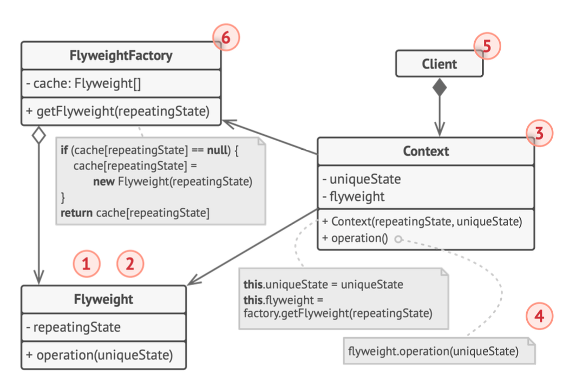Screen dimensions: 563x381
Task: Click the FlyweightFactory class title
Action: point(121,56)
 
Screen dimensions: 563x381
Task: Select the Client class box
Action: point(439,63)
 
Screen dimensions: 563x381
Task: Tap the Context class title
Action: point(426,151)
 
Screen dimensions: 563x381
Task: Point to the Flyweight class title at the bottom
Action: point(103,299)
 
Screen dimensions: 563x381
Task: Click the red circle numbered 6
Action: point(226,37)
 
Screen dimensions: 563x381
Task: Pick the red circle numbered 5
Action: point(487,46)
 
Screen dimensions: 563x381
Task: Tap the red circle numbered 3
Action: point(539,133)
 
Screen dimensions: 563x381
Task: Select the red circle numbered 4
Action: point(539,316)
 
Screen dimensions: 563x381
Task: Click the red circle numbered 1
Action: point(87,264)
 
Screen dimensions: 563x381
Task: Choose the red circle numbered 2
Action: point(130,264)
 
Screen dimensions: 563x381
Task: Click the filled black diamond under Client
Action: point(440,87)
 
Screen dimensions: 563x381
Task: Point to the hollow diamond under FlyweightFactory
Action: point(39,135)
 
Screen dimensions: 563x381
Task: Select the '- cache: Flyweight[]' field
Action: point(83,83)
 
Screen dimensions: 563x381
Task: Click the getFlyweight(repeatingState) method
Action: point(117,111)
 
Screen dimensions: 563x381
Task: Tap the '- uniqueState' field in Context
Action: point(361,179)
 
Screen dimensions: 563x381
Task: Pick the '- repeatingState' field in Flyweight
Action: point(73,327)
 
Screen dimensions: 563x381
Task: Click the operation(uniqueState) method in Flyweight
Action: point(99,355)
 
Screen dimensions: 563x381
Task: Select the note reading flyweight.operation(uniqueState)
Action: point(439,351)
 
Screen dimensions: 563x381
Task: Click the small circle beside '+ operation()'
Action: point(398,239)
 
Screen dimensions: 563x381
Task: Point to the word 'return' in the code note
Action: point(76,213)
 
